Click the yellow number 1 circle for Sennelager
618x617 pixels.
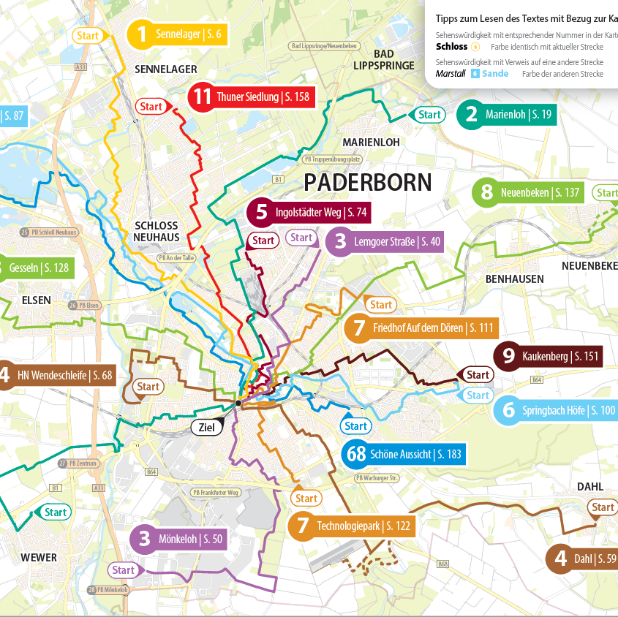pos(142,34)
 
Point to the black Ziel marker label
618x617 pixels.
pos(207,428)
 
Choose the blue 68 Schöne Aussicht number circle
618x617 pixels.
pos(356,454)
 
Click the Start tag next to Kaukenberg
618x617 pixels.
pos(478,375)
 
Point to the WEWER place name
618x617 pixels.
pos(39,557)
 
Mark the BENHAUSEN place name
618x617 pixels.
pos(514,279)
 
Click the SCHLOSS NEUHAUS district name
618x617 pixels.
pos(156,231)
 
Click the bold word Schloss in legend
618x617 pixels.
pos(451,47)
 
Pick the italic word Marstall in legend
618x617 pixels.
pos(451,74)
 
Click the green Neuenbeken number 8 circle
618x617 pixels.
pos(486,193)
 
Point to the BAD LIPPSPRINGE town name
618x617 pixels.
pos(383,59)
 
